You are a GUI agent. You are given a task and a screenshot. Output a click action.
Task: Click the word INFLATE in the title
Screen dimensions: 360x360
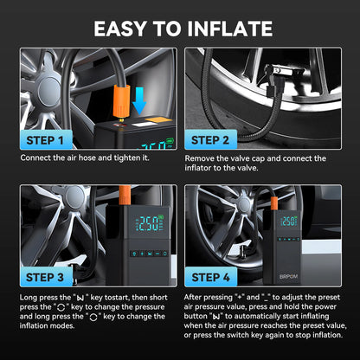point(229,29)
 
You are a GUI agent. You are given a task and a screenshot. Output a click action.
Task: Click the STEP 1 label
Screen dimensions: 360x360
point(45,140)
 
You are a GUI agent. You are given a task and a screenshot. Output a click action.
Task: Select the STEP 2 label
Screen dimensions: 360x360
point(210,140)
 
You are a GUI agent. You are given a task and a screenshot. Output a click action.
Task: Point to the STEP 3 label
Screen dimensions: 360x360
point(45,277)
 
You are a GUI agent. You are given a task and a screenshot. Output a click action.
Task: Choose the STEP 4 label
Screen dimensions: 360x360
point(210,277)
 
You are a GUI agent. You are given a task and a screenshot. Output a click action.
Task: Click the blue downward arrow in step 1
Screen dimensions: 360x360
point(139,100)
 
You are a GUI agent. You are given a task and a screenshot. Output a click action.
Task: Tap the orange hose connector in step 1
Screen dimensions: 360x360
point(121,102)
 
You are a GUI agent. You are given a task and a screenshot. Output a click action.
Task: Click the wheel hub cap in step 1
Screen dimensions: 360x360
point(48,90)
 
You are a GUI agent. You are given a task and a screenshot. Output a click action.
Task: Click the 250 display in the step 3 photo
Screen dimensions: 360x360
point(150,223)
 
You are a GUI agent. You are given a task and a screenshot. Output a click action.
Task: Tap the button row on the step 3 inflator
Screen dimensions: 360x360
point(149,254)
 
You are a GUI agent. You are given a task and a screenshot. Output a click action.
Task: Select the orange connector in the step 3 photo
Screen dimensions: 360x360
point(125,195)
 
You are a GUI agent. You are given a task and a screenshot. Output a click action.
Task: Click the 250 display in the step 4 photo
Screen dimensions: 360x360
point(289,222)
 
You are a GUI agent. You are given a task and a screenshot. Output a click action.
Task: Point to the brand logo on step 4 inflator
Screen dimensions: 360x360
point(288,276)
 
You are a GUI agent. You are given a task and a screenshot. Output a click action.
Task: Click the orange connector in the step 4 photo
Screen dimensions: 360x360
point(274,203)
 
